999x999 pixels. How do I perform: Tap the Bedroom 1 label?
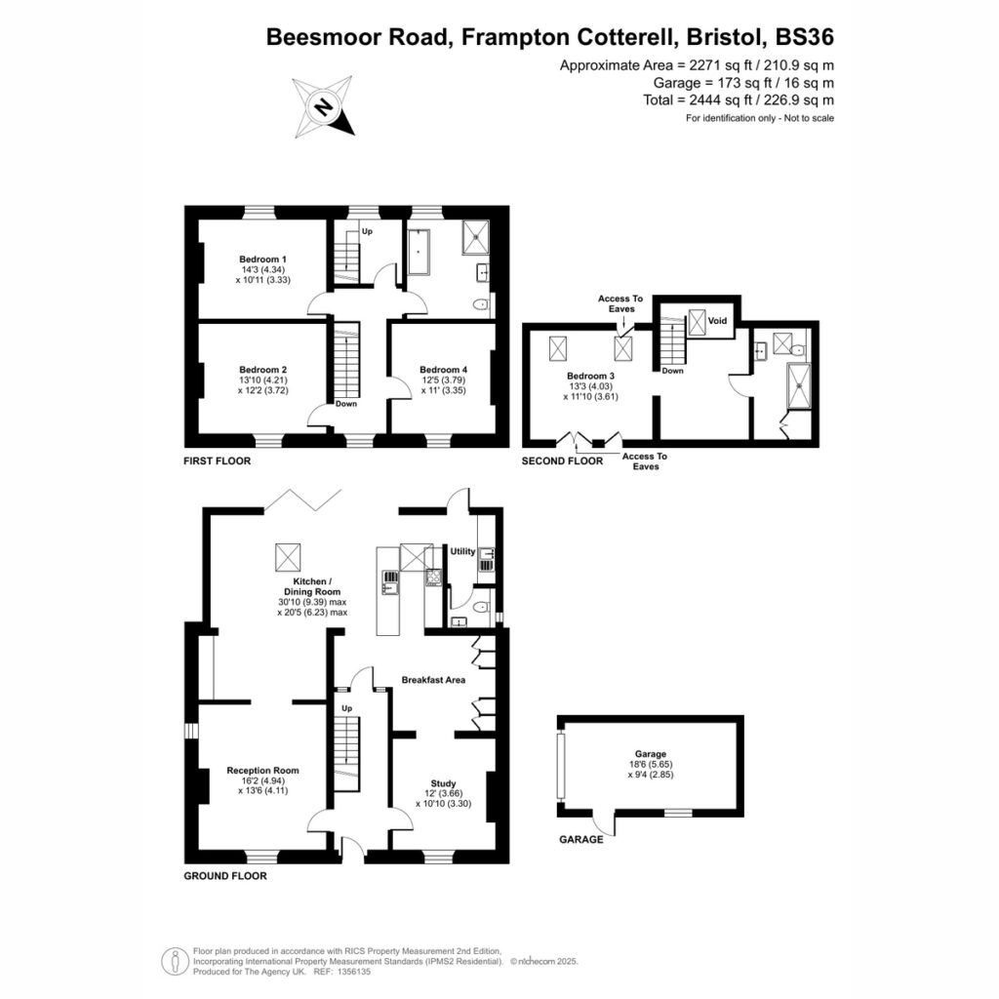(263, 260)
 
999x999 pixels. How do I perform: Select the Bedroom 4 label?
(444, 370)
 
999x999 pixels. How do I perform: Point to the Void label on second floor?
(717, 320)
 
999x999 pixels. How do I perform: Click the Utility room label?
(462, 551)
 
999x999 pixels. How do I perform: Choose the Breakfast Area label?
(433, 680)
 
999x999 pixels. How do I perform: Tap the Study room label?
(444, 783)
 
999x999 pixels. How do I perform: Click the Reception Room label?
(262, 771)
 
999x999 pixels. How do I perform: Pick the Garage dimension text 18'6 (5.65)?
(651, 765)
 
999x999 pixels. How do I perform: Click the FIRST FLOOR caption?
(218, 460)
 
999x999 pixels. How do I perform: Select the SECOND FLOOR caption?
(562, 460)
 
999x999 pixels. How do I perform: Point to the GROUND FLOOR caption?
(225, 876)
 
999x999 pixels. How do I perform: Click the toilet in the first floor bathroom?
(482, 306)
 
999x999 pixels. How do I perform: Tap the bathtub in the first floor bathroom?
(419, 252)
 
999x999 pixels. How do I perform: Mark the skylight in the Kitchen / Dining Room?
(288, 557)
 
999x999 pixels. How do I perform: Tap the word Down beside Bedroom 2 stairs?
(346, 404)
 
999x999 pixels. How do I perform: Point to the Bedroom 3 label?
(590, 376)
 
